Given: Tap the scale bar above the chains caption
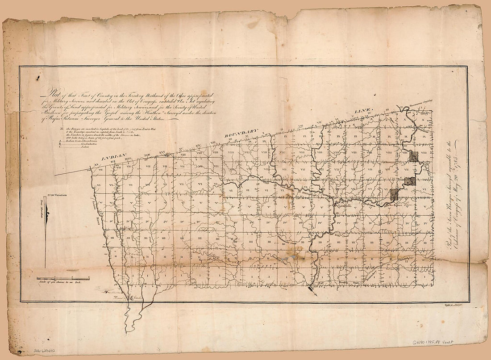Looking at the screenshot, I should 62,278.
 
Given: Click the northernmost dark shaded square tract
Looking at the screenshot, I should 414,156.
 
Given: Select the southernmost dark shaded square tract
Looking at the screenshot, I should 395,194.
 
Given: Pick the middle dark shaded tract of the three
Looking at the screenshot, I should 410,181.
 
